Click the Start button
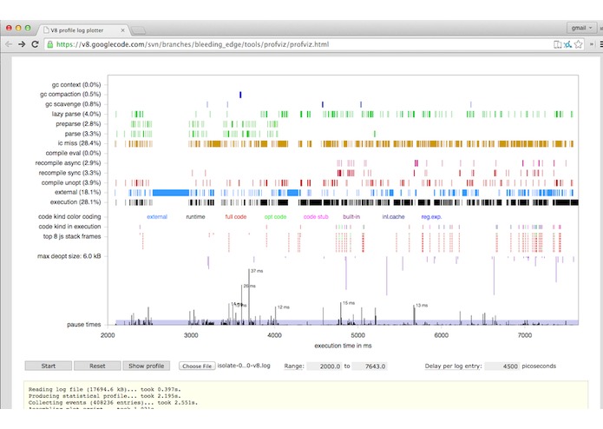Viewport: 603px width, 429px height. pos(49,366)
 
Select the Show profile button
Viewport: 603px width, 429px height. pos(147,366)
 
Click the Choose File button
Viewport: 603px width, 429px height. pos(196,366)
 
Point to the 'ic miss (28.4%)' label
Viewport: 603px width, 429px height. pos(80,143)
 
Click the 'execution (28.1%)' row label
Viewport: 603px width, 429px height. pos(75,201)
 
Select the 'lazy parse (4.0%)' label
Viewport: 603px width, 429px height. pos(75,114)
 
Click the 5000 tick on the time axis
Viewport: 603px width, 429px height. pos(357,334)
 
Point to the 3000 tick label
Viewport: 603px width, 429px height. pos(191,334)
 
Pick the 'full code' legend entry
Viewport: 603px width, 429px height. pos(236,216)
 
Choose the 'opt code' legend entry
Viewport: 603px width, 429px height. pos(274,216)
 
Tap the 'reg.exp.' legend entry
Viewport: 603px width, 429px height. pos(431,216)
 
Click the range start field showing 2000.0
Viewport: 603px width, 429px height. pos(322,366)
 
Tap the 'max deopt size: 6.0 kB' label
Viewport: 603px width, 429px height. pos(69,256)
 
